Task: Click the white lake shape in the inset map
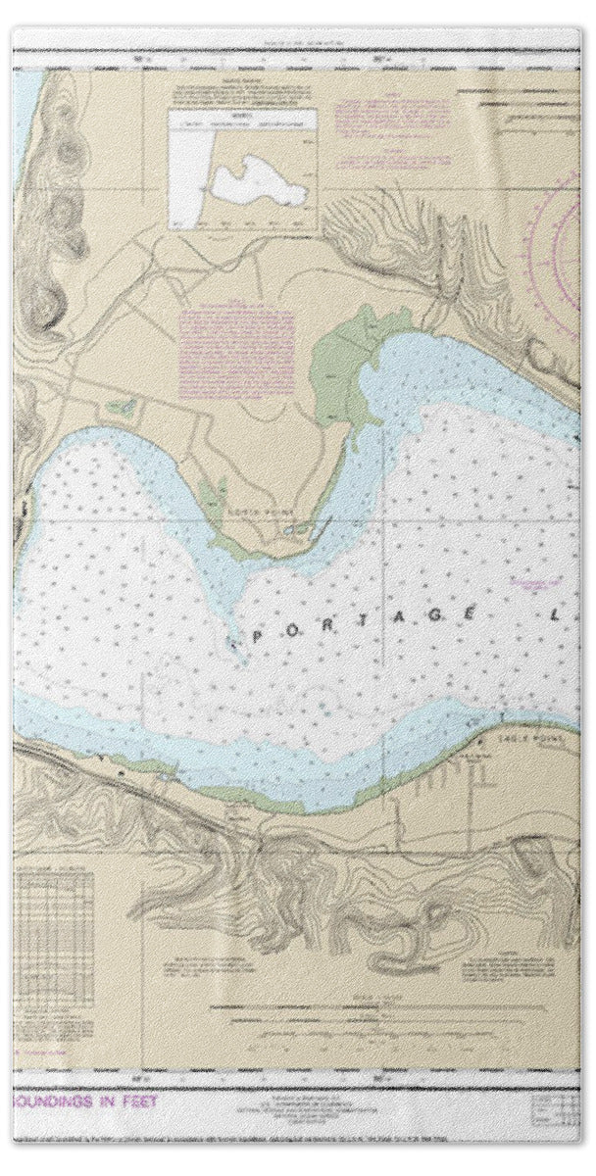click(245, 176)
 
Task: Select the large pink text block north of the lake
click(237, 341)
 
